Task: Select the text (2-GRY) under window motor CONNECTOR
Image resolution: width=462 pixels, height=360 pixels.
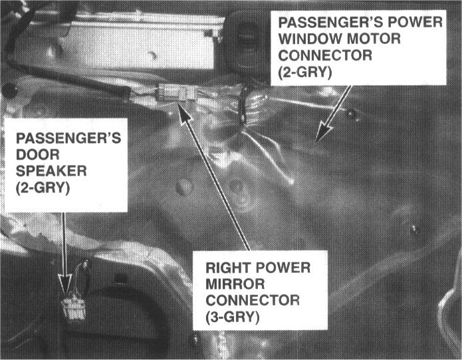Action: coord(305,73)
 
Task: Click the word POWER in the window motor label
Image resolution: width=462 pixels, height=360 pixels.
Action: coord(418,23)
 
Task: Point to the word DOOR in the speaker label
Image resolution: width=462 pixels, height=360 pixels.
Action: coord(38,154)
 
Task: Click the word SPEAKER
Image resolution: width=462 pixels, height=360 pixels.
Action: coord(51,171)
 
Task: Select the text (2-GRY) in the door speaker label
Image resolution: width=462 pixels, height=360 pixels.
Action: coord(43,188)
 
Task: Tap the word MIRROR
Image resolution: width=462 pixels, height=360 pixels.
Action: coord(235,284)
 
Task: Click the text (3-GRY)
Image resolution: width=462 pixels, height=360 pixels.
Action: coord(233,317)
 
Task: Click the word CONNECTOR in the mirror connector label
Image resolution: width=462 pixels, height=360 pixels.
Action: coord(253,301)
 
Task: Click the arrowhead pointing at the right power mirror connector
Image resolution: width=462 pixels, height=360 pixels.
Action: coord(185,114)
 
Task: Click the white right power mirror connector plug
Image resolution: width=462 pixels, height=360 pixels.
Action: coord(177,92)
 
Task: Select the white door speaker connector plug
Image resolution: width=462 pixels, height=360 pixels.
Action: coord(74,309)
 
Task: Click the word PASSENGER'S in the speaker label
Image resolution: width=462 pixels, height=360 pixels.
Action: coord(68,138)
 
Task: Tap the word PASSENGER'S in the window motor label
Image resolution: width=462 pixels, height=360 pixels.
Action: coord(334,23)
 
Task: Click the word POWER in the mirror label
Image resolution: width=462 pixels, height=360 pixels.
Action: coord(283,268)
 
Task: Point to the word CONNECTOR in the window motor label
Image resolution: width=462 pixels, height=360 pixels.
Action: coord(325,55)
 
